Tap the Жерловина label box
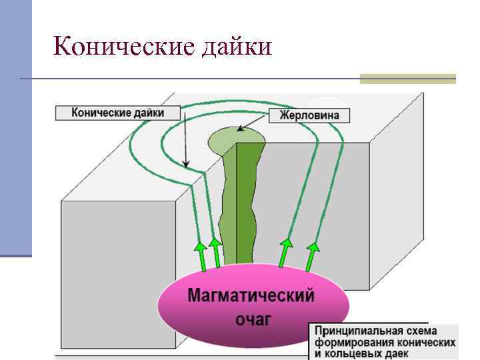[309, 115]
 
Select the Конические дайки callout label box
[118, 112]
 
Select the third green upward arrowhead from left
[287, 244]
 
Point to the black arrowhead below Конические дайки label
[187, 163]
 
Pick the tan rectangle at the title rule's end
[407, 79]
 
